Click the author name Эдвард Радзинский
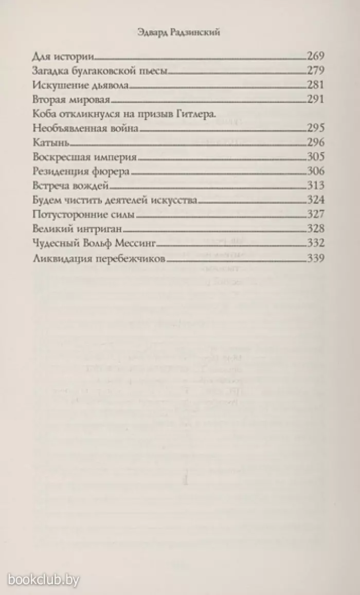[x=179, y=32]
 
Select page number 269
[x=315, y=57]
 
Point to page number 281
[x=315, y=85]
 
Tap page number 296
[x=315, y=142]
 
